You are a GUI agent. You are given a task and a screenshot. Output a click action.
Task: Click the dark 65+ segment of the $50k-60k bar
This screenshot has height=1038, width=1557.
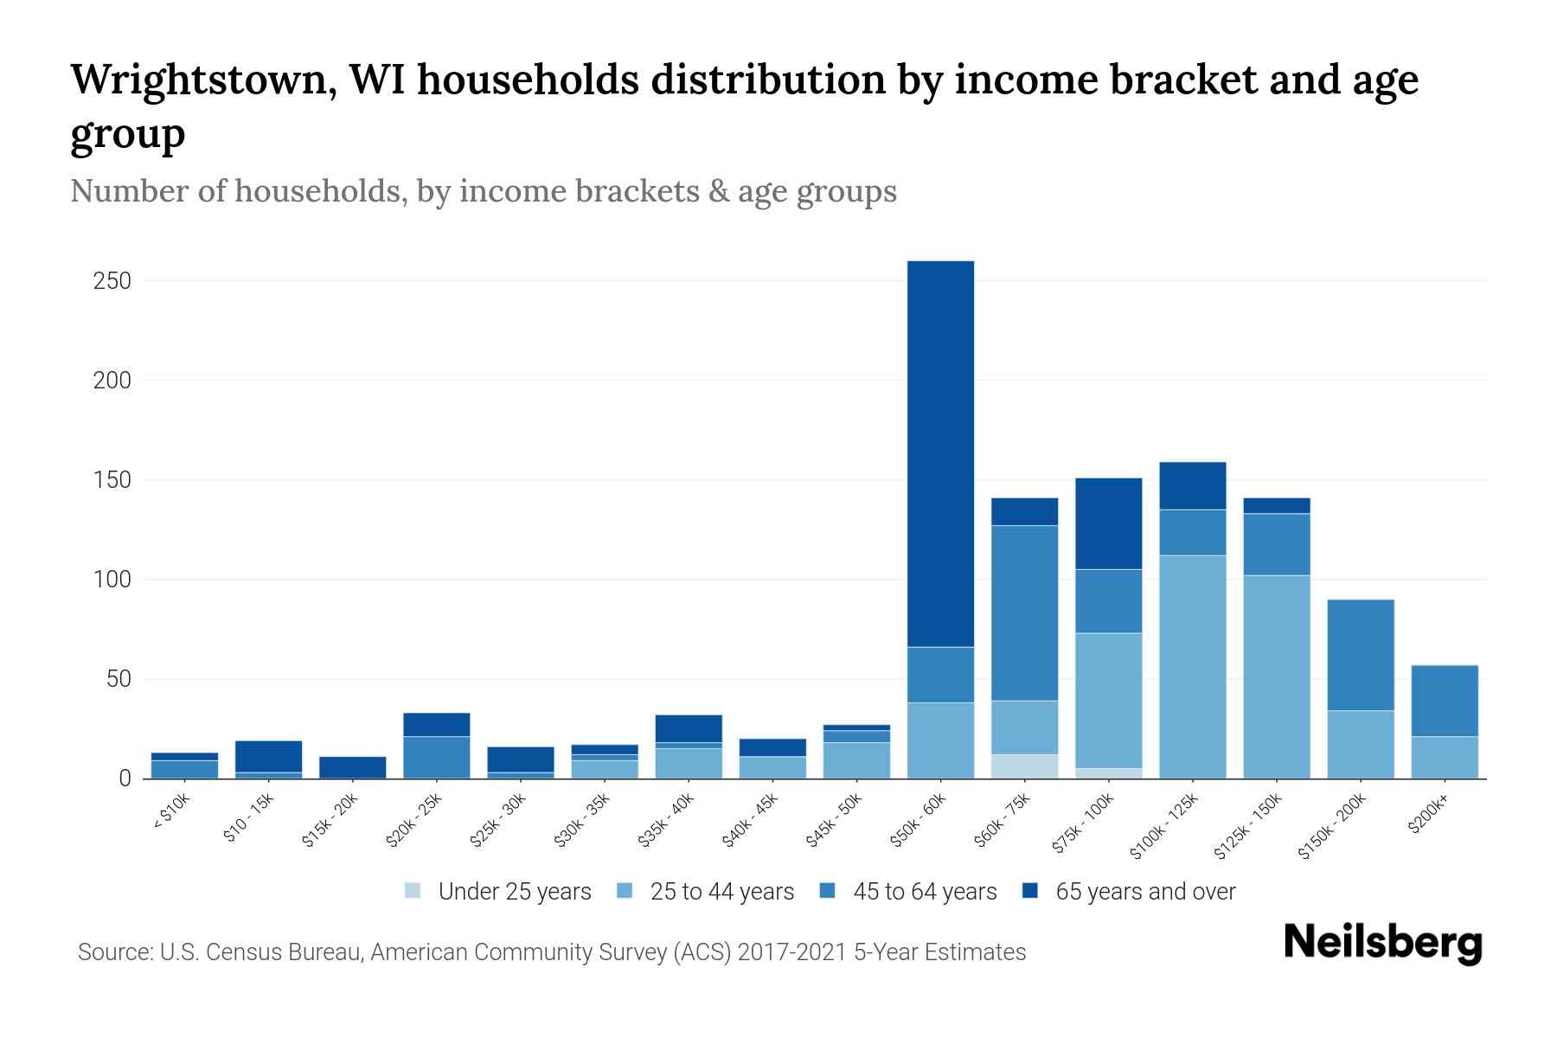click(x=940, y=453)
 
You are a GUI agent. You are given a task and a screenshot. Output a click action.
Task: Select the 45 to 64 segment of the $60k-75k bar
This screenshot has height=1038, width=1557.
click(x=1024, y=612)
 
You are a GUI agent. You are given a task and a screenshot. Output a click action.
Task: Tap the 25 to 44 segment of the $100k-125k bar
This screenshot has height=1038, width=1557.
click(x=1192, y=666)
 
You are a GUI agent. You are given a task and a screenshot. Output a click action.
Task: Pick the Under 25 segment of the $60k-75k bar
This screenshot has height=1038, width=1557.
click(x=1024, y=766)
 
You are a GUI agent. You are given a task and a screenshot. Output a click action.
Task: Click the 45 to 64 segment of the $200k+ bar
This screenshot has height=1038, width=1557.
click(x=1445, y=701)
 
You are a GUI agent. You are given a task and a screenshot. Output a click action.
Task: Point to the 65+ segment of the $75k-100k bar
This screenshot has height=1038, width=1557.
click(x=1108, y=523)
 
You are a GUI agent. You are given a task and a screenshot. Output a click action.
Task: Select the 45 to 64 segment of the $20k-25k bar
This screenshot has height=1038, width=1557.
click(x=436, y=757)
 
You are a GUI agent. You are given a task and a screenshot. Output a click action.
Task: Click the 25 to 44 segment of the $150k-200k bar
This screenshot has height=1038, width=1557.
click(x=1361, y=744)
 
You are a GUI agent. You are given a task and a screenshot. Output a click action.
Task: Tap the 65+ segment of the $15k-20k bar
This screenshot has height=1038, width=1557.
click(x=352, y=767)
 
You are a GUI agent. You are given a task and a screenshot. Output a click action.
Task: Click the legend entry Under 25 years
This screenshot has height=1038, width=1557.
click(x=514, y=892)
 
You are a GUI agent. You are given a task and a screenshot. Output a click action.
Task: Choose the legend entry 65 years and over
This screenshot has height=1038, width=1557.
click(x=1144, y=892)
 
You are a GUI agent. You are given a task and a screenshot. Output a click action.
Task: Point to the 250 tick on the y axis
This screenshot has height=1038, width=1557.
click(x=112, y=281)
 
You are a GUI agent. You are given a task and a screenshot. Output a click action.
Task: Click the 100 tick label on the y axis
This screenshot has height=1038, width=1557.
click(x=112, y=580)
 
